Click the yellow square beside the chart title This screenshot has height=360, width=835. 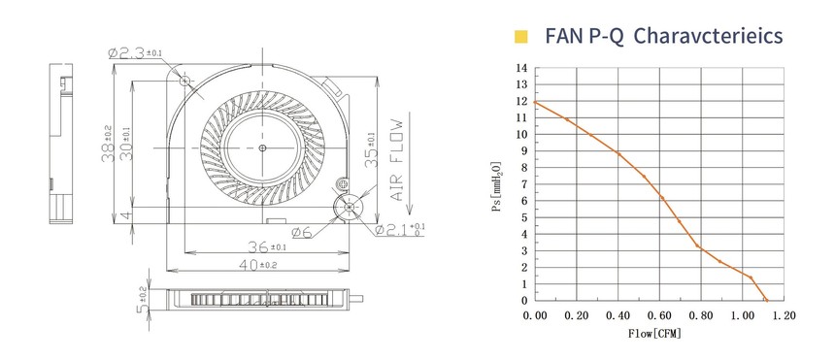coord(520,36)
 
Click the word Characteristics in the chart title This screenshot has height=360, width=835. coord(709,36)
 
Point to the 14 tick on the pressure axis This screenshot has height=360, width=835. coord(521,68)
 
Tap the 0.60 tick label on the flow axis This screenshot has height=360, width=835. coord(659,315)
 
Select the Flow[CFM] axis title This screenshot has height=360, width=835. coord(654,334)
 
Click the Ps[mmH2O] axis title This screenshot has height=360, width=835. coord(497,186)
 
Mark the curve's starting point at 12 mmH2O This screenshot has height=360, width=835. coord(535,102)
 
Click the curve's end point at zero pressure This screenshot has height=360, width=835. coord(767,301)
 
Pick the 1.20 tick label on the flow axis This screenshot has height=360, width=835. coord(784,315)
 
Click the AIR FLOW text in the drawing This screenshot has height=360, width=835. coord(397,159)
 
